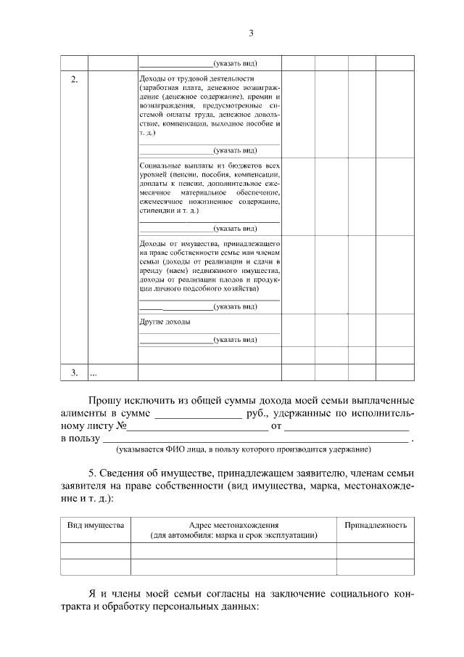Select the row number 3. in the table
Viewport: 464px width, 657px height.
[x=75, y=372]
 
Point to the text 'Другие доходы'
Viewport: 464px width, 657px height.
[x=165, y=322]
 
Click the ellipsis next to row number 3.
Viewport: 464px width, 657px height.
[x=93, y=373]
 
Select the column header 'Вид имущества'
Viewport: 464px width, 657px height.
[x=96, y=524]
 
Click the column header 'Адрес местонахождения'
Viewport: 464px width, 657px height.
[x=233, y=524]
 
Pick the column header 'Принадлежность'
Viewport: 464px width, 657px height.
[x=375, y=524]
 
